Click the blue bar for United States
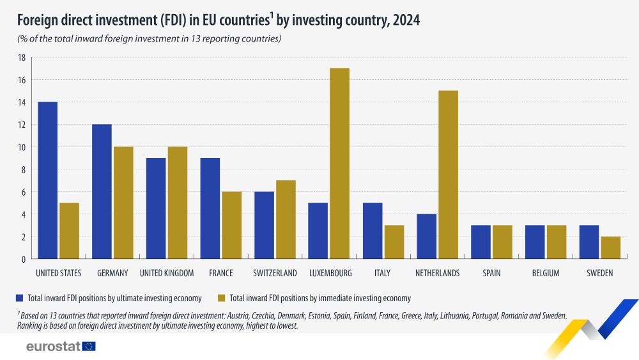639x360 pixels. (47, 180)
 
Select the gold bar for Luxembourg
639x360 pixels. (339, 164)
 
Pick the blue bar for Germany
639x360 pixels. (102, 192)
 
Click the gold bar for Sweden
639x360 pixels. (610, 247)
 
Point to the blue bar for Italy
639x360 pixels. (373, 231)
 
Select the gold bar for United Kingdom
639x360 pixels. (178, 203)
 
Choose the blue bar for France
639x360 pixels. (210, 208)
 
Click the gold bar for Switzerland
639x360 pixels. (286, 219)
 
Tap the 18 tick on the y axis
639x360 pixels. (21, 58)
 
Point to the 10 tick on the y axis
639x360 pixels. (21, 147)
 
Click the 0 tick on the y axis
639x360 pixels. (22, 259)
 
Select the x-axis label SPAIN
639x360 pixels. (491, 273)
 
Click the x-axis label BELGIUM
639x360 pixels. (546, 273)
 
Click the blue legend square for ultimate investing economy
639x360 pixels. (19, 297)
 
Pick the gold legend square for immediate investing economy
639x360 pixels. (221, 297)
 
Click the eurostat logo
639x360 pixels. (61, 346)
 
